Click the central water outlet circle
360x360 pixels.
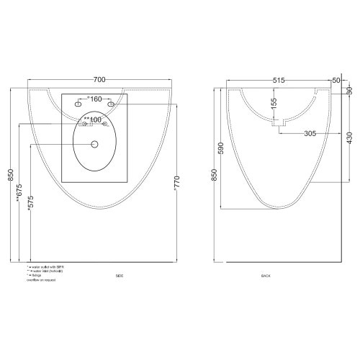[x=94, y=144]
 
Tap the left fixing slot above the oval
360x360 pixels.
[x=78, y=106]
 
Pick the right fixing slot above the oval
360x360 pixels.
[x=112, y=106]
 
